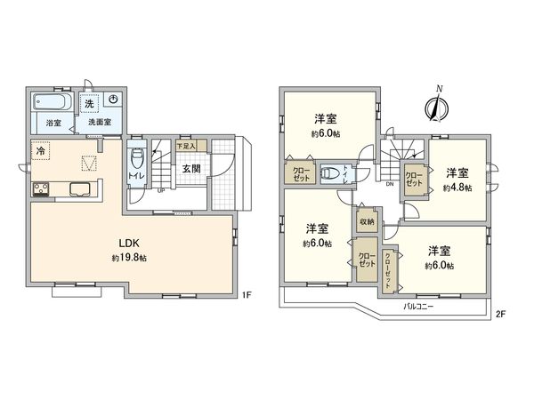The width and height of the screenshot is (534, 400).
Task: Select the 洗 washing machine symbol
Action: [x=89, y=104]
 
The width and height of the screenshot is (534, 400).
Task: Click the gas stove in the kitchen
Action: [x=41, y=188]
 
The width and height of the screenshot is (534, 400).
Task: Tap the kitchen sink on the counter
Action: [x=77, y=188]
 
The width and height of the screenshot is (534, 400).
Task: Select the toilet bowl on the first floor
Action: [x=135, y=162]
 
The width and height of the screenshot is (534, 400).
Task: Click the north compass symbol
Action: [x=435, y=106]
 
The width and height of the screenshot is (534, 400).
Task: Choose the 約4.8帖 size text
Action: [x=456, y=188]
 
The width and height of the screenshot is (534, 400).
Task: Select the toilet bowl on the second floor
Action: [x=329, y=173]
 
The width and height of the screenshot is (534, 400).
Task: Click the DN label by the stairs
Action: [x=390, y=184]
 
